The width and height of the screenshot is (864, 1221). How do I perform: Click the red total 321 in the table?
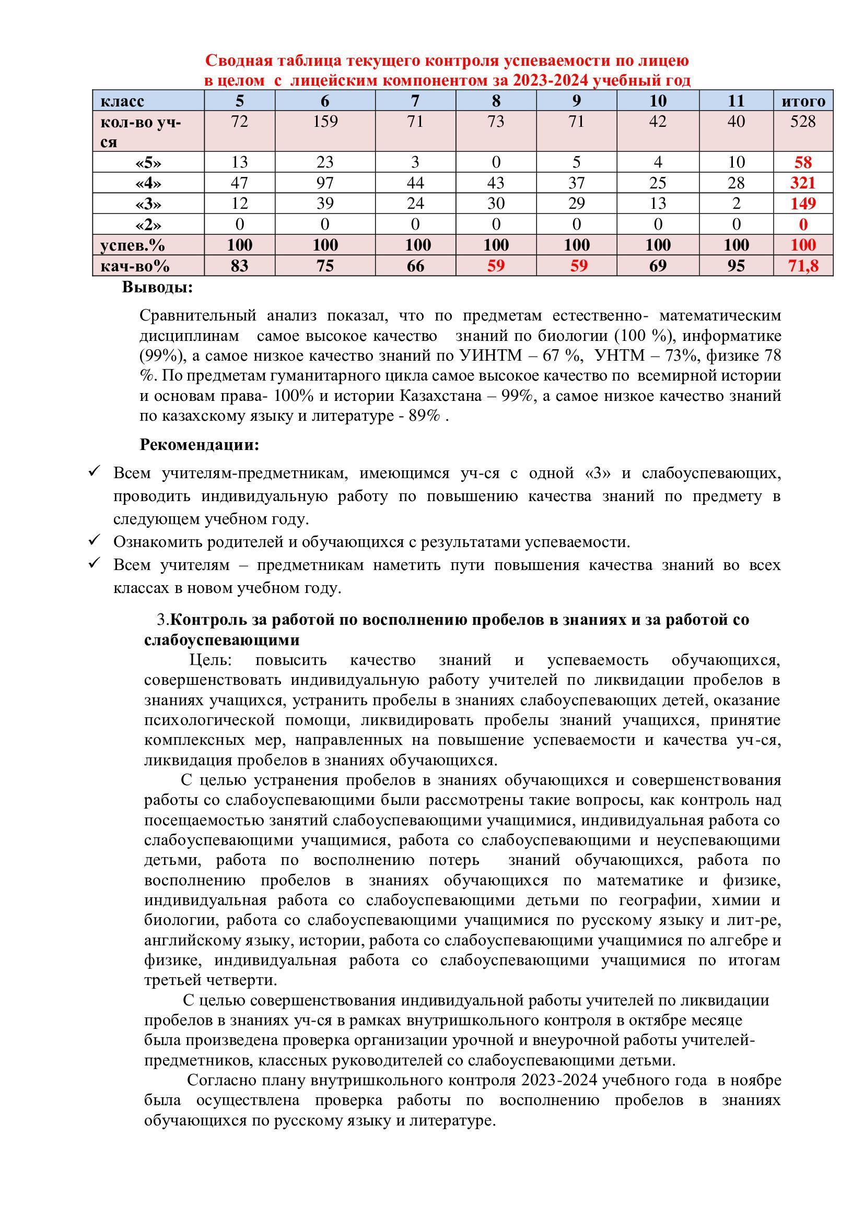coord(802,183)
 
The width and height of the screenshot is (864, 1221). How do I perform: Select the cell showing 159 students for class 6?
coord(325,122)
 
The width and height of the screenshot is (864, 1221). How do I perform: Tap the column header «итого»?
coord(803,101)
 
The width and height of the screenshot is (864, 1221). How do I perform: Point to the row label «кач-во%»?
coord(135,265)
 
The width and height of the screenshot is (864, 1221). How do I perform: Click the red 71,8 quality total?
coord(803,265)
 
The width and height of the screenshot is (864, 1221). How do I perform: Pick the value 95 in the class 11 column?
coord(736,265)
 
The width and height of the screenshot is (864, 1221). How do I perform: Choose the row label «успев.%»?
coord(133,245)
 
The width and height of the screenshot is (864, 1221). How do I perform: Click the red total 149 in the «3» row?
coord(802,204)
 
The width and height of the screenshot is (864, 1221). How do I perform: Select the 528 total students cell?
coord(802,122)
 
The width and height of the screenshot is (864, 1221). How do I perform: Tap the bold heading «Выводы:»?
coord(157,288)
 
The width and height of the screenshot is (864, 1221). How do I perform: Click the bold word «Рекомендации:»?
coord(199,445)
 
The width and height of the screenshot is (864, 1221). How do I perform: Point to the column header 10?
coord(658,101)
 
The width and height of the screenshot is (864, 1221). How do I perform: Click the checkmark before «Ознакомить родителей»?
coord(94,540)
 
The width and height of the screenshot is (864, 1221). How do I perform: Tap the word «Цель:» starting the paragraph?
coord(211,660)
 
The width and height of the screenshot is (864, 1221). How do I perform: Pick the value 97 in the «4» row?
coord(325,183)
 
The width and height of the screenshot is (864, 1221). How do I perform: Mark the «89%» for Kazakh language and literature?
coord(425,416)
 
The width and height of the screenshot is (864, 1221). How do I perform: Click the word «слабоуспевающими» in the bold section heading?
coord(222,639)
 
